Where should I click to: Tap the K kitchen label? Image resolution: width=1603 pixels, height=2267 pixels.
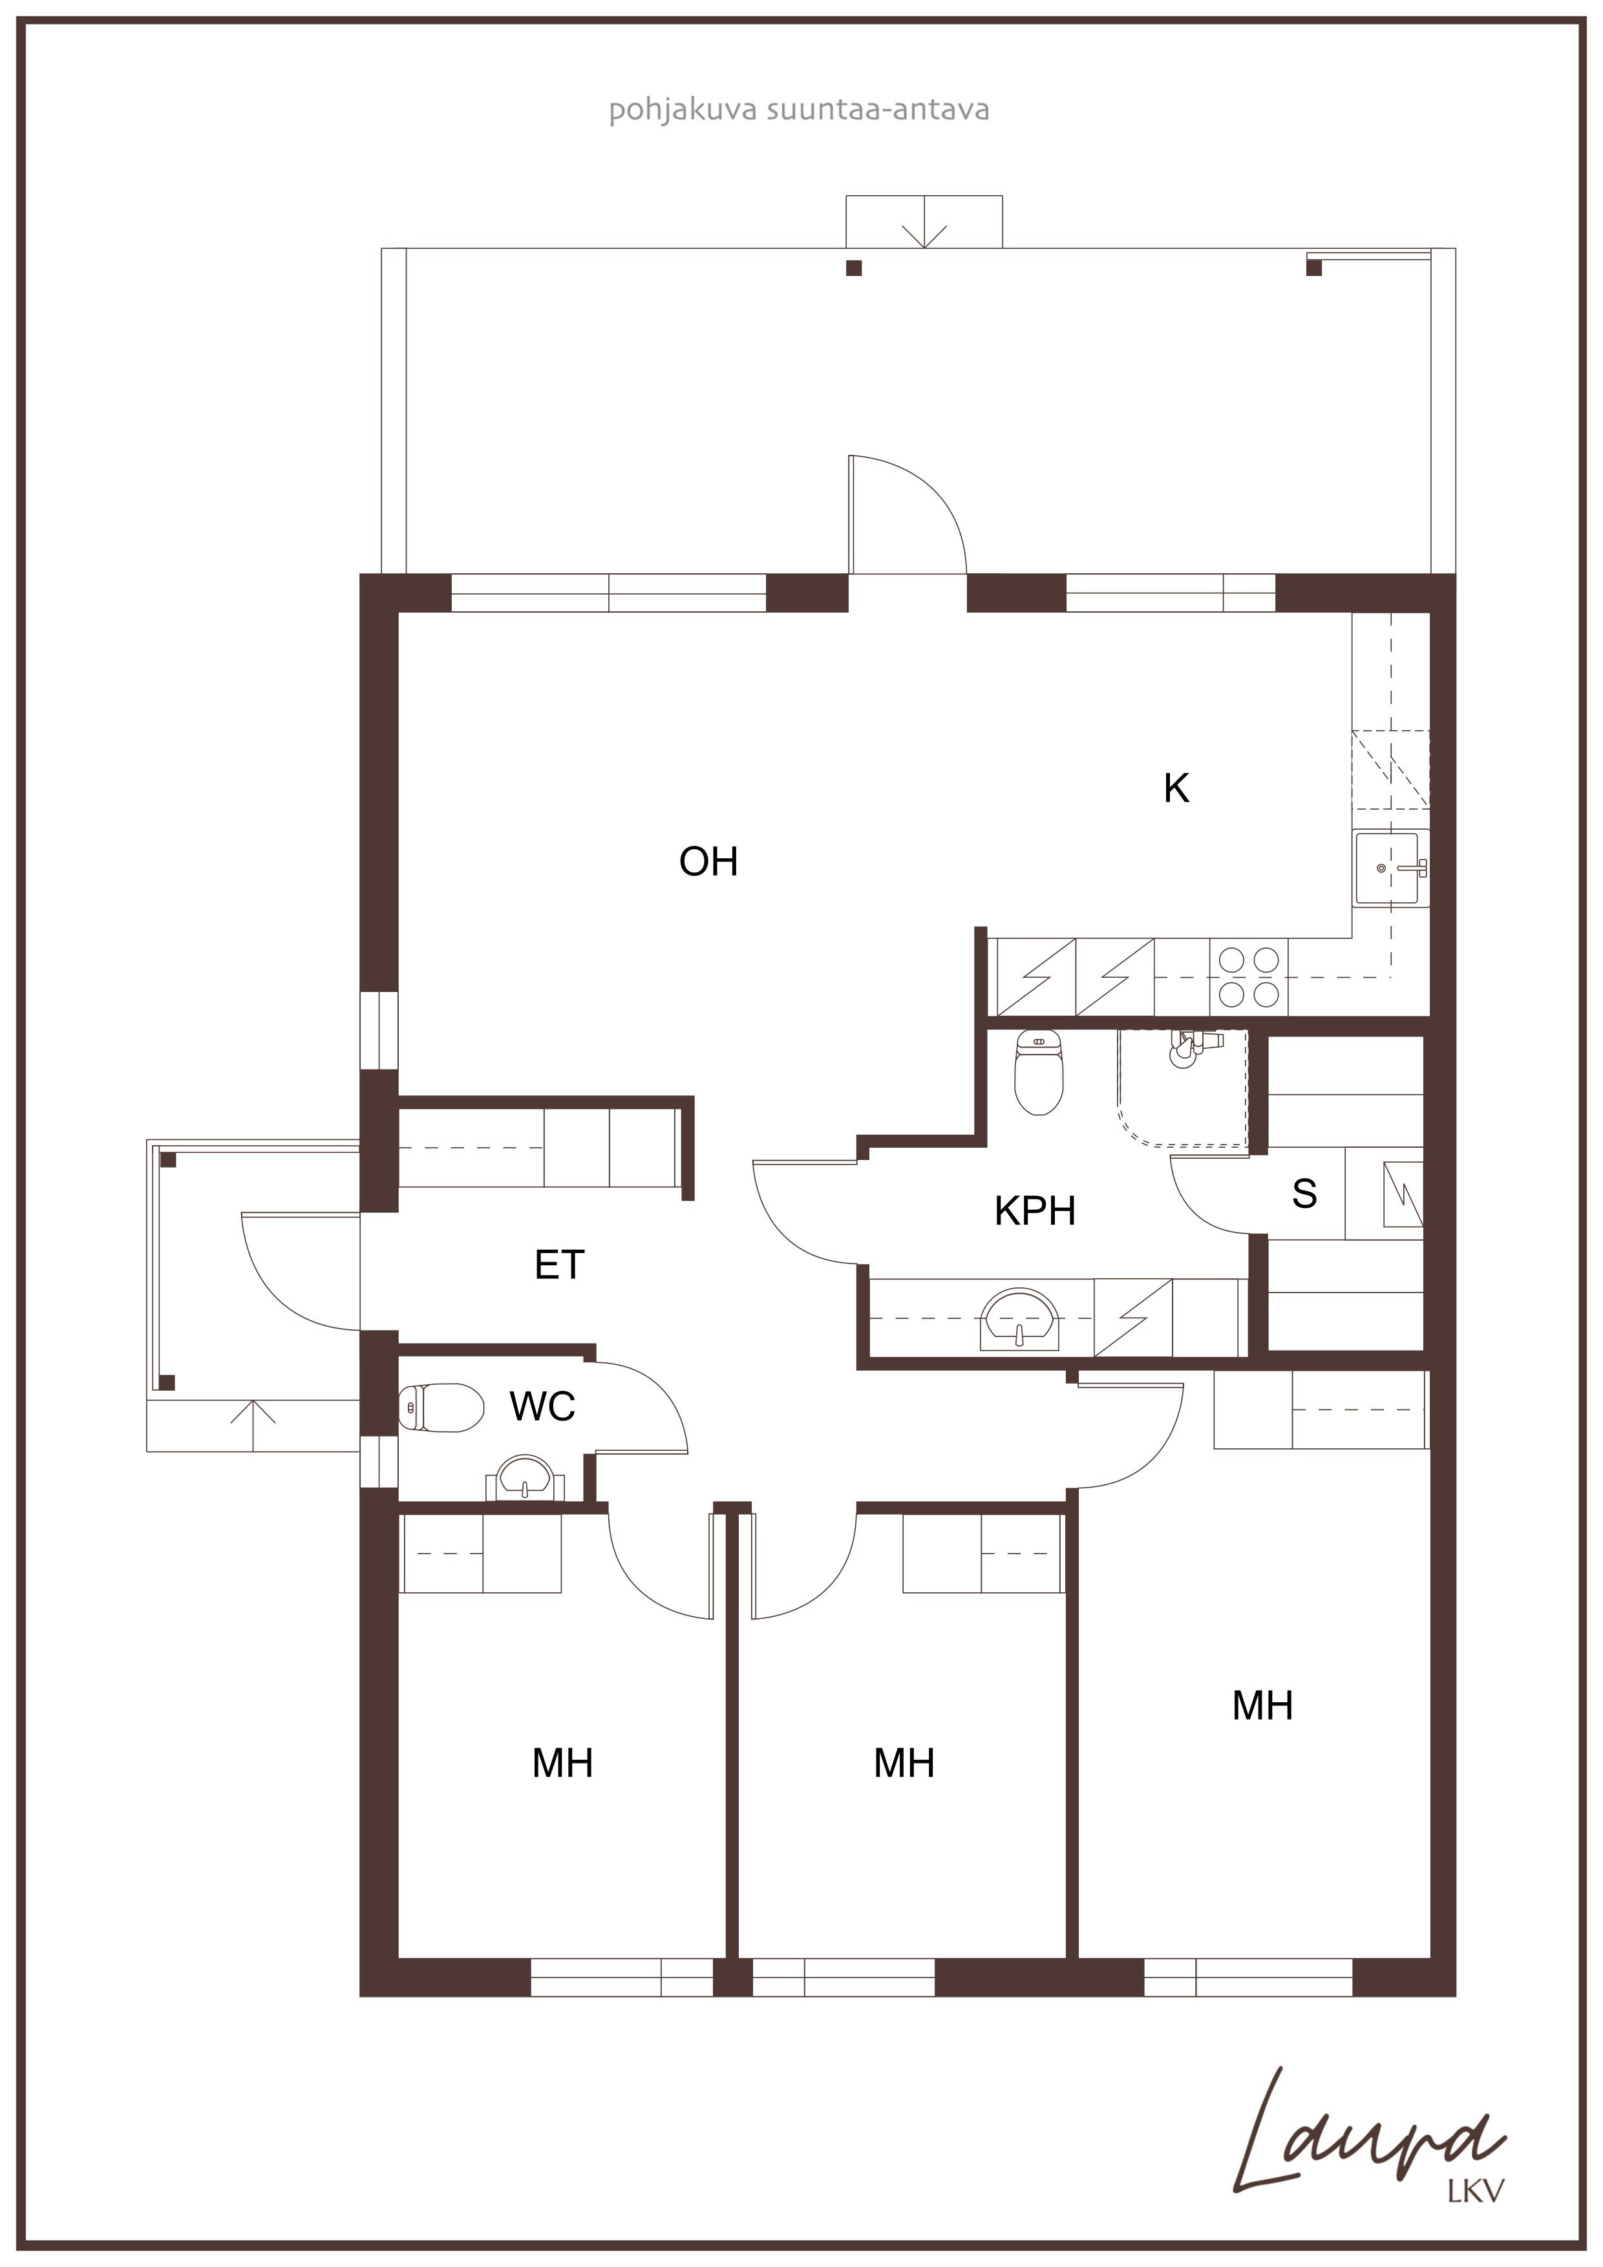(1176, 788)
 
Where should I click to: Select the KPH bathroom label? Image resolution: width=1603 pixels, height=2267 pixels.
(1034, 1210)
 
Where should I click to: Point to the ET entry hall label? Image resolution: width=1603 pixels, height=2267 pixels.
(559, 1265)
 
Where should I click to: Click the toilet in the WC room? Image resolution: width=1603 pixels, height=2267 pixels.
(441, 1407)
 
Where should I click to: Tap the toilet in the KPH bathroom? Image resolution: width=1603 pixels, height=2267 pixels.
(1038, 1071)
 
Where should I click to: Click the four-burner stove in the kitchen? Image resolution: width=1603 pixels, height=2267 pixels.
(1248, 976)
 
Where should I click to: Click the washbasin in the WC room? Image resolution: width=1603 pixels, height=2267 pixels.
(524, 1478)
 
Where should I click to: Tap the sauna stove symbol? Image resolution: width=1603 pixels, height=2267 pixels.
(1403, 1195)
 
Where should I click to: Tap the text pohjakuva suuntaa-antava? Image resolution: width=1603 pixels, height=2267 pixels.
(798, 110)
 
